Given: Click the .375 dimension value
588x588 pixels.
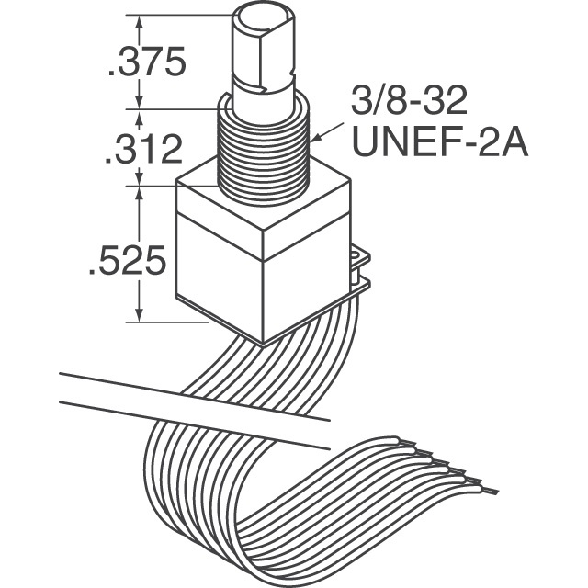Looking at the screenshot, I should (x=148, y=62).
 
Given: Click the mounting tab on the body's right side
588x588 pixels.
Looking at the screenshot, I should (x=358, y=266).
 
